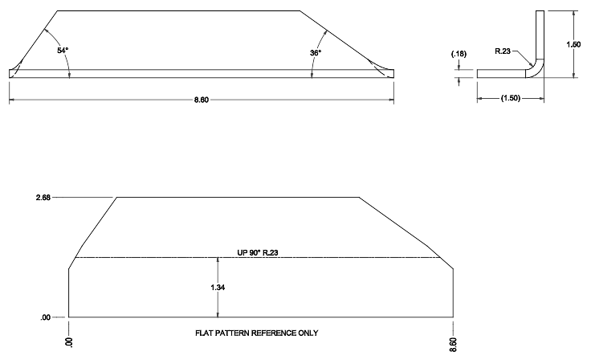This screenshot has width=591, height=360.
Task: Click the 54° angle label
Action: (x=63, y=51)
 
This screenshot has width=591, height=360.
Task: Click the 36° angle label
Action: (x=316, y=53)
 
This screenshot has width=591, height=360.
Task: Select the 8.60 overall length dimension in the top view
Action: (x=202, y=100)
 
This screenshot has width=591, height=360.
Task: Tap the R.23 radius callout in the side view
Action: (x=503, y=51)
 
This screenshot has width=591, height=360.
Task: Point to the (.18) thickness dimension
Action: (x=458, y=54)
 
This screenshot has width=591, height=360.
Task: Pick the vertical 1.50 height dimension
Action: (x=573, y=45)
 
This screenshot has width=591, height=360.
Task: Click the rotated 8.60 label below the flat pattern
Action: (x=454, y=341)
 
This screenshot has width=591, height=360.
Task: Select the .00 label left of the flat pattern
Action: (x=47, y=317)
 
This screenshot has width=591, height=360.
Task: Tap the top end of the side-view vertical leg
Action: (x=540, y=11)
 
